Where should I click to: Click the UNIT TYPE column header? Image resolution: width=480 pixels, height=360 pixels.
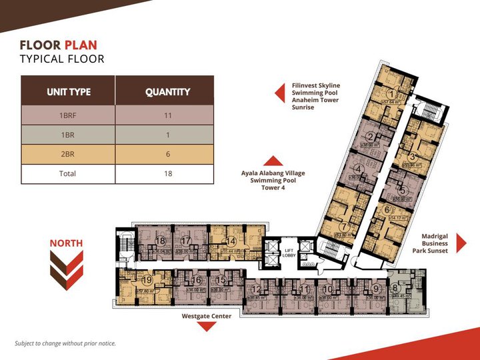click(68, 91)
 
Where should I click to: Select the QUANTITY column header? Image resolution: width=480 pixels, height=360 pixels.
click(167, 91)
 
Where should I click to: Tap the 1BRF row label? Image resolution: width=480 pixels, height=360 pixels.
click(68, 115)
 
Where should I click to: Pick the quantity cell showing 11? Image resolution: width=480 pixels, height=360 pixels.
click(167, 115)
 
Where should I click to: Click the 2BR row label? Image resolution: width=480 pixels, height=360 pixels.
click(68, 154)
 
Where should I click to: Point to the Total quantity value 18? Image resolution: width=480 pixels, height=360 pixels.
click(167, 173)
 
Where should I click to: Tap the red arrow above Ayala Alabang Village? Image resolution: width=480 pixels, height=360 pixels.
click(273, 160)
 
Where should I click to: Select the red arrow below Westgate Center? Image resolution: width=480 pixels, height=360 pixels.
click(207, 327)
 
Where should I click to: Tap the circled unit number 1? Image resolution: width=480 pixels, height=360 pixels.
click(393, 93)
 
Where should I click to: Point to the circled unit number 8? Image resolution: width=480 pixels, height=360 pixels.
click(396, 289)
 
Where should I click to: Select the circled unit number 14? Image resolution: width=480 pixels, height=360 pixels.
click(231, 241)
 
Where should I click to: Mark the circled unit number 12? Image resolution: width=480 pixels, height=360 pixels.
click(257, 289)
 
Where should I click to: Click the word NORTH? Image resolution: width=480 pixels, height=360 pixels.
click(66, 243)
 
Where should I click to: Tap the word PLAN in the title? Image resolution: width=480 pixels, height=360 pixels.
click(80, 45)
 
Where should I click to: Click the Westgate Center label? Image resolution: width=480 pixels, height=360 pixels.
click(207, 316)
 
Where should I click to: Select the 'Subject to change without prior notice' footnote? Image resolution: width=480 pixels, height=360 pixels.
click(65, 343)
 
